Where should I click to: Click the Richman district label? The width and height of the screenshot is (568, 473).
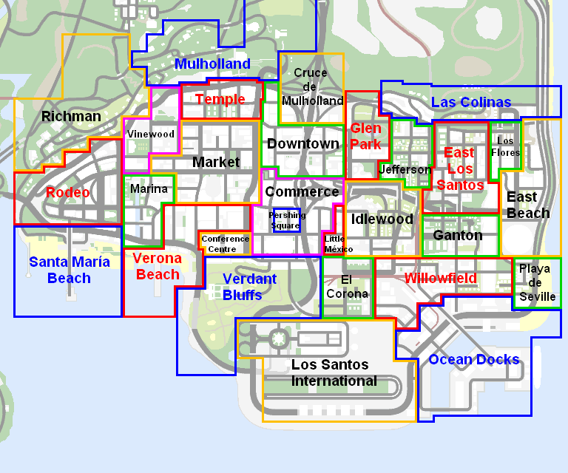[71, 117]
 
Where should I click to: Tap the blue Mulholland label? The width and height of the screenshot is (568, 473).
[212, 64]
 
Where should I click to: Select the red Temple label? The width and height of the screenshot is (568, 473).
[220, 100]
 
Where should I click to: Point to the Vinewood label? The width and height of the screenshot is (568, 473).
[151, 135]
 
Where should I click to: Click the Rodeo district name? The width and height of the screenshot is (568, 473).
[67, 193]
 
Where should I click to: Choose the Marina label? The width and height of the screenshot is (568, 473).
[149, 189]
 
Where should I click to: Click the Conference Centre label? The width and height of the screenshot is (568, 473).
[225, 244]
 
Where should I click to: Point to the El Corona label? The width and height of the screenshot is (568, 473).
[347, 287]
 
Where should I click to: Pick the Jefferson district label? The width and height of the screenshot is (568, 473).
[405, 170]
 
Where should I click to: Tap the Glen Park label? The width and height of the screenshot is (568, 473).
[366, 137]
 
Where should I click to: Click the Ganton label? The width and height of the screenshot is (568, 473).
[457, 236]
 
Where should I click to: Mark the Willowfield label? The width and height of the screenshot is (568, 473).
[440, 279]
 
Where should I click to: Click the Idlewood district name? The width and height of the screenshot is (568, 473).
[382, 220]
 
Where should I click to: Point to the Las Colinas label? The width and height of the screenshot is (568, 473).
[470, 103]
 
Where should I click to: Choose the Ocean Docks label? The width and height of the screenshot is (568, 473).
[474, 360]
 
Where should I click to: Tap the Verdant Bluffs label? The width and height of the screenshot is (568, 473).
[249, 287]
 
